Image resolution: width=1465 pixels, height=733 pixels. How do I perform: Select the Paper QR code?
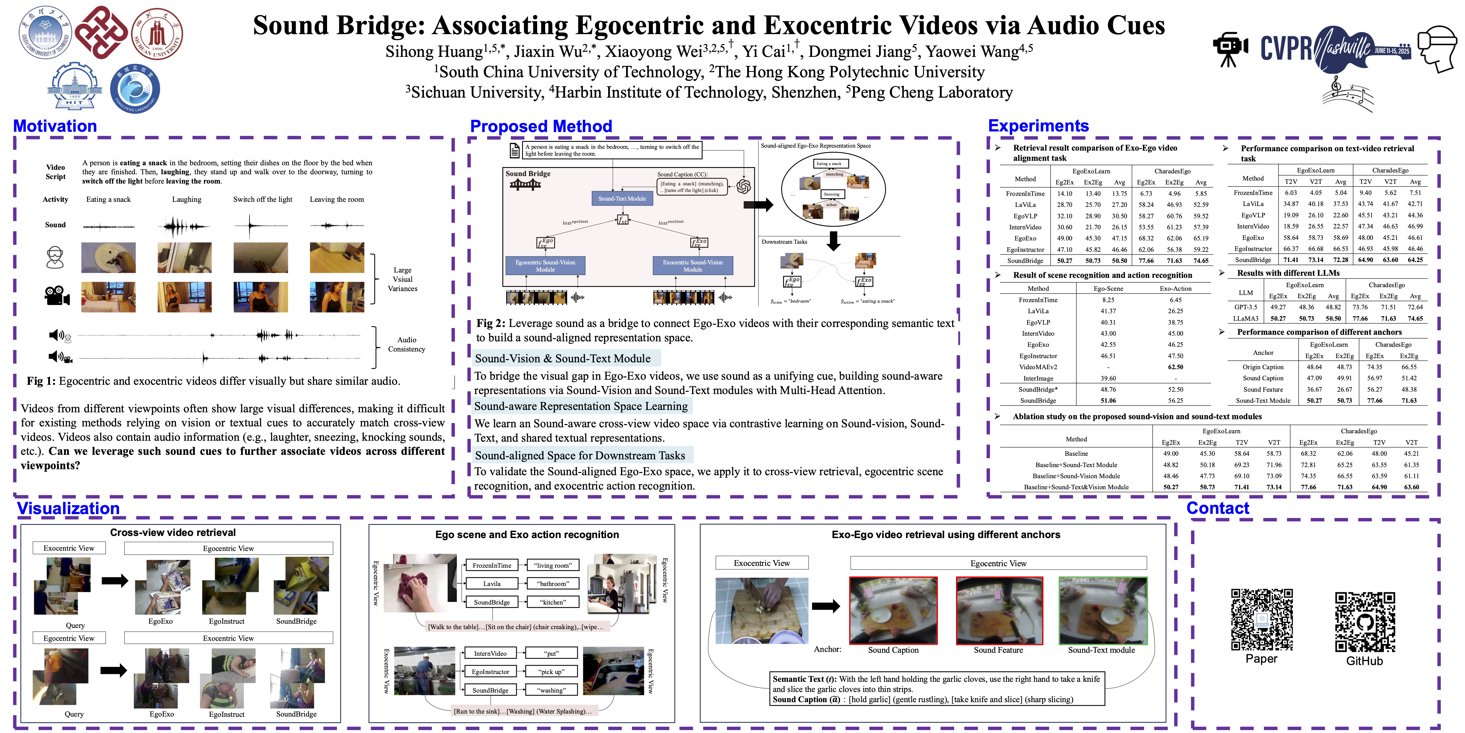point(1262,619)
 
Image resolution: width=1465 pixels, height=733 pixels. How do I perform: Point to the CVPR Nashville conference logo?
point(1334,49)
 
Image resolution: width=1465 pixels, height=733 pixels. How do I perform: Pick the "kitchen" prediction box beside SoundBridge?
point(553,602)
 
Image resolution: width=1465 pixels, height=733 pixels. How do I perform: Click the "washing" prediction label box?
point(552,690)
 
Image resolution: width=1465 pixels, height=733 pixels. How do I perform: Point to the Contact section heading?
point(1218,508)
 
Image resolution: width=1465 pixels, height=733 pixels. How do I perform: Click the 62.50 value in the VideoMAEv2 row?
point(1176,367)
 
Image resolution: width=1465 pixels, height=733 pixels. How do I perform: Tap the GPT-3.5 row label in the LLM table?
point(1245,307)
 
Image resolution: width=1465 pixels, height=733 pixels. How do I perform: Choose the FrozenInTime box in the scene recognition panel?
point(492,565)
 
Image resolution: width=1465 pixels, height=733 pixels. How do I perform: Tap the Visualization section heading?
point(68,508)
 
